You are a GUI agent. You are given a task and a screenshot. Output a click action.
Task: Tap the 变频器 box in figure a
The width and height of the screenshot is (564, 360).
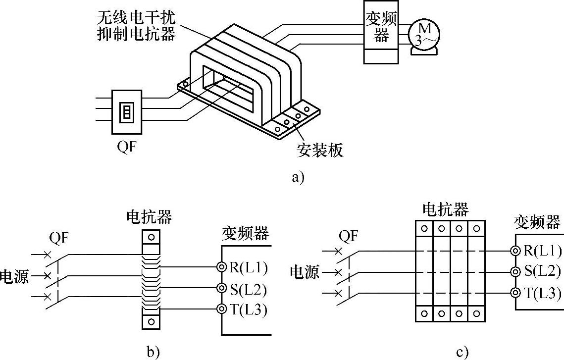tap(381, 32)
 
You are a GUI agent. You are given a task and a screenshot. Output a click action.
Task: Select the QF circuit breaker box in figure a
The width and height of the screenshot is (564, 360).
tap(127, 111)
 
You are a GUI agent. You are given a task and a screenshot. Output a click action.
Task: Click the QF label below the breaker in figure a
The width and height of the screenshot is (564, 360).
tap(127, 147)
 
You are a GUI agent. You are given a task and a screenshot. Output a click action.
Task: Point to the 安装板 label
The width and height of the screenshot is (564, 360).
tap(320, 150)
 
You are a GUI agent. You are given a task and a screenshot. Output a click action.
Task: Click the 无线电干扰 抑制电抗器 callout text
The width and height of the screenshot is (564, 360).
tap(137, 26)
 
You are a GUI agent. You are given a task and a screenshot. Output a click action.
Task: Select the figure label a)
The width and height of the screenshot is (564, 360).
tap(298, 177)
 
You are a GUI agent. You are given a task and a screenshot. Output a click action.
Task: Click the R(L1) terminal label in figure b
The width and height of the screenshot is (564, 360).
tap(249, 267)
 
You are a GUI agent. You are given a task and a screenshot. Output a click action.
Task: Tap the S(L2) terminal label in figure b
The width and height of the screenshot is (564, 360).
tap(248, 290)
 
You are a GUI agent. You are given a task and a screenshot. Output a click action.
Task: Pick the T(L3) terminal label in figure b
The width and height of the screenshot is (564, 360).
tap(249, 309)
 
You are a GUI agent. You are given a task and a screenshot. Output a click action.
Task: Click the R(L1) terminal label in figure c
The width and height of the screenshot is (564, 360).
tap(542, 250)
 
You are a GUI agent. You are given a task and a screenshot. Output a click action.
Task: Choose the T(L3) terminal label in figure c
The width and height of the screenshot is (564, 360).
tap(542, 293)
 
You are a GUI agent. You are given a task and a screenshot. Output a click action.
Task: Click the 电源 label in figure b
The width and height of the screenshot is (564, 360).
tap(14, 276)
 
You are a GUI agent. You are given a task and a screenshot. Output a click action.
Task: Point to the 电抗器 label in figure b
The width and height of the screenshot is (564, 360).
tap(150, 217)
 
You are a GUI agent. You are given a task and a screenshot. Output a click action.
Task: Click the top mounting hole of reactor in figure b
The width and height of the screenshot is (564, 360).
tap(151, 237)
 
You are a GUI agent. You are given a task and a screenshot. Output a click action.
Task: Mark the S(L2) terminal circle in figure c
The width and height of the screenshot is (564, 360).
tap(515, 272)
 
